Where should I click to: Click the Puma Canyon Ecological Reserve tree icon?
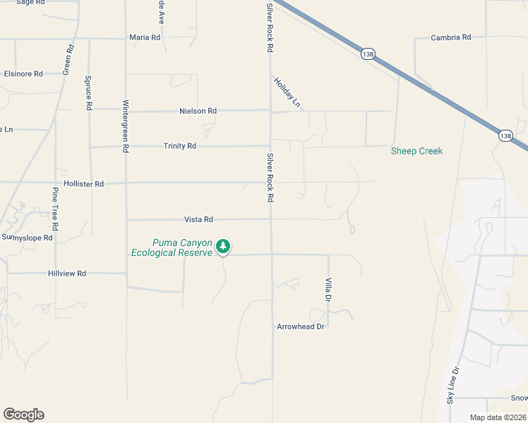point(223,246)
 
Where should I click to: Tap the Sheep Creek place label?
point(416,151)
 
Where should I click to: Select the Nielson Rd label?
point(198,111)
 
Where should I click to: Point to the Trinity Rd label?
point(179,146)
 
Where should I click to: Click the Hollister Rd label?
point(83,183)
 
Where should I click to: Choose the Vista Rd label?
point(198,220)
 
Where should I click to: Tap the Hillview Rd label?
point(67,273)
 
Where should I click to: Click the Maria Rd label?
point(145,37)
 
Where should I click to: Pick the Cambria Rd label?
point(450,37)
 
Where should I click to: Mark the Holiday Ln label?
point(287,93)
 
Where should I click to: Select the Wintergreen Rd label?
point(126,126)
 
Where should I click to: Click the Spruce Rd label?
point(89,92)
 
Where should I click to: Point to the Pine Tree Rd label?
point(55,211)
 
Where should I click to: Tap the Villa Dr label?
point(328,290)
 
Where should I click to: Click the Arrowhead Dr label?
point(300,327)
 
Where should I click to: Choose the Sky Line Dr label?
point(452,385)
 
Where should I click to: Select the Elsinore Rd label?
point(23,73)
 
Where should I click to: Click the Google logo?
point(23,415)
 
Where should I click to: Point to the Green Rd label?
point(68,60)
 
